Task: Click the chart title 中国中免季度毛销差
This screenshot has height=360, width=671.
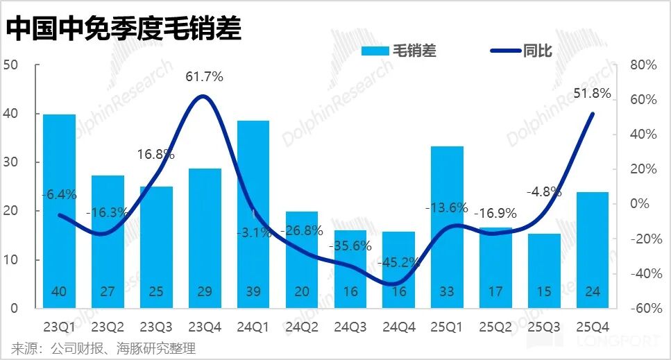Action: (125, 28)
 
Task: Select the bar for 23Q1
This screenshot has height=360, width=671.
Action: (59, 208)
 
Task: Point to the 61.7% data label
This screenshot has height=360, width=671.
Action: (204, 77)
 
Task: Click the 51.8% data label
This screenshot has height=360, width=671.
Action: (592, 93)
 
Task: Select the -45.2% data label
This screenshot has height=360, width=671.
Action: (398, 263)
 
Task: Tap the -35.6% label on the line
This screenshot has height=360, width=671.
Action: (350, 246)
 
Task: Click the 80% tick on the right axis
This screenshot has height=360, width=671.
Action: (643, 65)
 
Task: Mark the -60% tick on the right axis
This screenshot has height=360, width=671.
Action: (641, 309)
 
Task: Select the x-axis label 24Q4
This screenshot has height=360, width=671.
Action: (398, 325)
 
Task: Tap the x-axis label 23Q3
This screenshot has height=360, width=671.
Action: (156, 325)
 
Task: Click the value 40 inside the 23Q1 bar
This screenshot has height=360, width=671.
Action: (59, 292)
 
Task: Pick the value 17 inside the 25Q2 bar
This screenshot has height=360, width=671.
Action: (495, 292)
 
